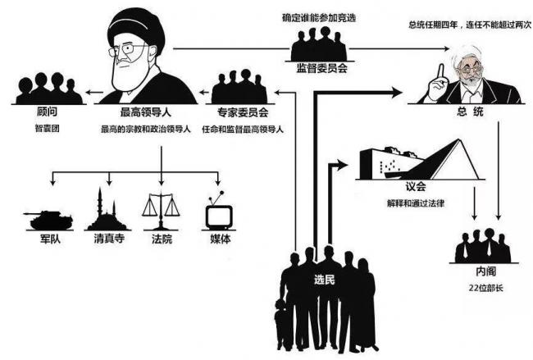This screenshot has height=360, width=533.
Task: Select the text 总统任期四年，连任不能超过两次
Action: [x=470, y=25]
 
